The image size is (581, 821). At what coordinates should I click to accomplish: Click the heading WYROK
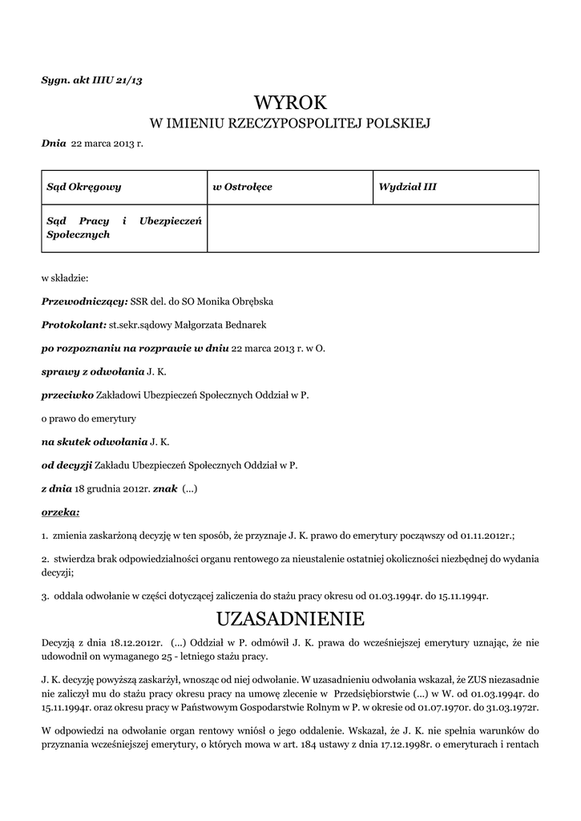290,102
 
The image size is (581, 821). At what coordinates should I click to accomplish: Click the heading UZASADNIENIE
290,619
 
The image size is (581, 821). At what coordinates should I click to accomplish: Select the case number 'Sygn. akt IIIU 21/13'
91,79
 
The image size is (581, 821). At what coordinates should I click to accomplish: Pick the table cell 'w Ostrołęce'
242,187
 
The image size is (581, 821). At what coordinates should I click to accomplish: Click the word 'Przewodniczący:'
84,301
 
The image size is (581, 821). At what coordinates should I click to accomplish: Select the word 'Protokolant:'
74,325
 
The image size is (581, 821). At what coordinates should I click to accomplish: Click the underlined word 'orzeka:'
60,511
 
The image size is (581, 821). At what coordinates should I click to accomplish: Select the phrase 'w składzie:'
65,278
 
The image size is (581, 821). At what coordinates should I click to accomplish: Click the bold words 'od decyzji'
67,464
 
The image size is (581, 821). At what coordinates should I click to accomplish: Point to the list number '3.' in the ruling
46,596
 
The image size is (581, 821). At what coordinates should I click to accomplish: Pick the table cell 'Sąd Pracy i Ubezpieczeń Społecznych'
123,228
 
